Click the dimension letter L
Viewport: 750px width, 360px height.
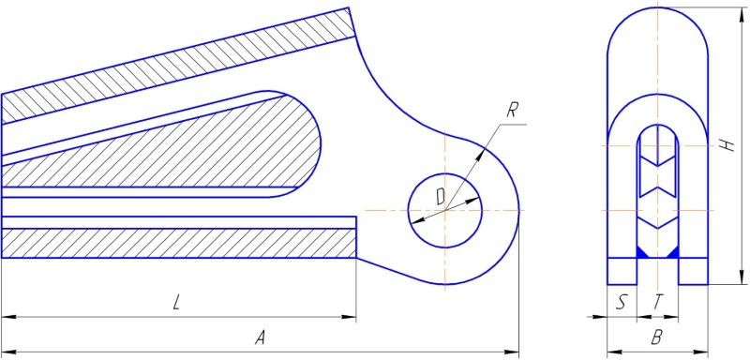tap(176, 304)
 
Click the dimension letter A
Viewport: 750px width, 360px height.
tap(260, 338)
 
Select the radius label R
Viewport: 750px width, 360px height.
tap(511, 112)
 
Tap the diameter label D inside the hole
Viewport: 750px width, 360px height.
tap(441, 196)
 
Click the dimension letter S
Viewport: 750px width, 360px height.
tap(621, 303)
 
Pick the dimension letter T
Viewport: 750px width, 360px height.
tap(658, 303)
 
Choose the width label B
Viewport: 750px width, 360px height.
tap(657, 338)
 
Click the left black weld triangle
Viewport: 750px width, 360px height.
tap(642, 252)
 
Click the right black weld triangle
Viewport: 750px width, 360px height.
tap(672, 252)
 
